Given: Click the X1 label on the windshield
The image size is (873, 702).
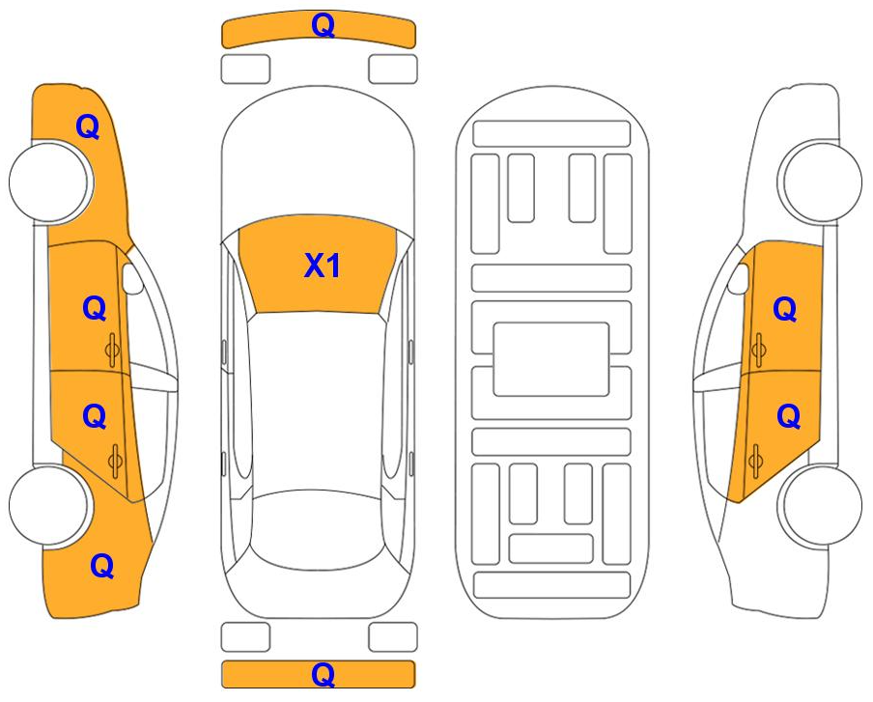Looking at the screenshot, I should pyautogui.click(x=323, y=266).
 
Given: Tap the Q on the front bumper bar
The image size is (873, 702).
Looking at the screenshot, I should pyautogui.click(x=323, y=26).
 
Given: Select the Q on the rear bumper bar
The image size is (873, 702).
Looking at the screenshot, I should pyautogui.click(x=323, y=674).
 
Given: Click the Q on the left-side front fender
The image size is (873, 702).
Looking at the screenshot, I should pyautogui.click(x=88, y=126).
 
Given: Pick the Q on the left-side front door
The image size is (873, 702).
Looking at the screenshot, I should pyautogui.click(x=94, y=308).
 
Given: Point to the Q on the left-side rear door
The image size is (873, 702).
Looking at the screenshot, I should pyautogui.click(x=94, y=416).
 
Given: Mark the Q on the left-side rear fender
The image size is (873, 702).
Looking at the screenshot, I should pyautogui.click(x=102, y=566).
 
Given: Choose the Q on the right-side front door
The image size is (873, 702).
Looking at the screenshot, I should pyautogui.click(x=785, y=309).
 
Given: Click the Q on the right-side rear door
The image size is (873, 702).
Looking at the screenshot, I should pyautogui.click(x=789, y=416).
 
